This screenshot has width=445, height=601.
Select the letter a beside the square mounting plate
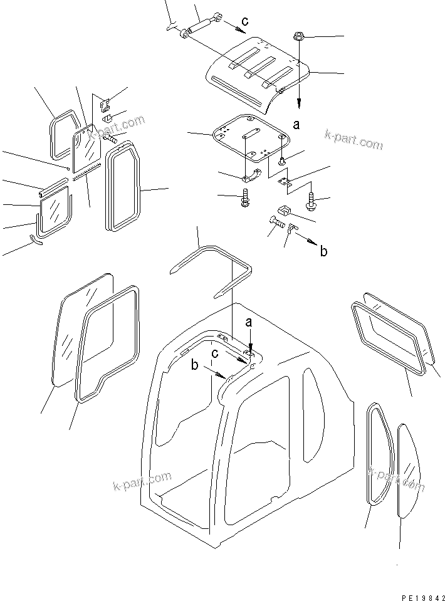coord(296,125)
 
